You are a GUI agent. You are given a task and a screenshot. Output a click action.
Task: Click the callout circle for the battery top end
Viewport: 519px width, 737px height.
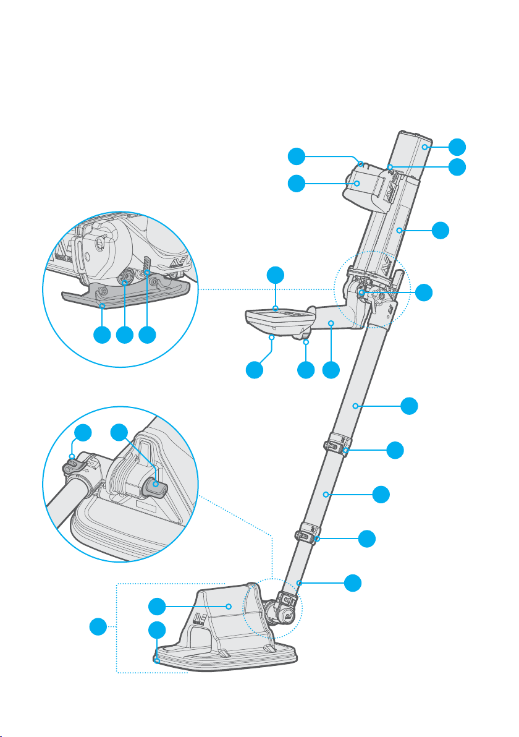[457, 147]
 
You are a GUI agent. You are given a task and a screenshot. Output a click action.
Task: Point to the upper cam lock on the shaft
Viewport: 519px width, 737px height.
[336, 446]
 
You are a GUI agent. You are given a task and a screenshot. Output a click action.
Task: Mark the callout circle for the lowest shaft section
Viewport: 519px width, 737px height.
[352, 582]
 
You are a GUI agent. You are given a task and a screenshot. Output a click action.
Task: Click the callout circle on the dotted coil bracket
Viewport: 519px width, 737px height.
[96, 628]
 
